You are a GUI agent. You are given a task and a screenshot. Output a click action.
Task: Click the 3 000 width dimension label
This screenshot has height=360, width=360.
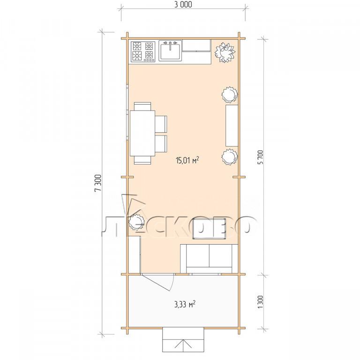point(183,4)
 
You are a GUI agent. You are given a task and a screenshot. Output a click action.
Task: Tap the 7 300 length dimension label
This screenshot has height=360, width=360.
point(98,183)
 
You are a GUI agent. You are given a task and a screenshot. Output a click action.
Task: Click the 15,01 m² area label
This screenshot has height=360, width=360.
point(187,160)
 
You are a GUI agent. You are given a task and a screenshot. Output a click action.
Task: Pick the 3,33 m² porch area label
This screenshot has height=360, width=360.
point(185,304)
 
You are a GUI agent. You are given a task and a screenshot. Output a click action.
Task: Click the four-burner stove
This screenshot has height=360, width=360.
point(143,52)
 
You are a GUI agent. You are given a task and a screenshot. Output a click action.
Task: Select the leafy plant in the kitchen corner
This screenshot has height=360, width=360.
point(225,52)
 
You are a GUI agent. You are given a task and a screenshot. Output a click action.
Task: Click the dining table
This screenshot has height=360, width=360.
point(142,133)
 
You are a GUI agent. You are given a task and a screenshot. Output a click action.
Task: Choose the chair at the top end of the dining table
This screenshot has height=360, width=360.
point(142,106)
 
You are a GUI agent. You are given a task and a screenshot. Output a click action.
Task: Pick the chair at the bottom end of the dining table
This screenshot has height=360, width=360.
point(142,160)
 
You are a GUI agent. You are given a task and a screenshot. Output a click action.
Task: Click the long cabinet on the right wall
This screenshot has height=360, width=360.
point(232,126)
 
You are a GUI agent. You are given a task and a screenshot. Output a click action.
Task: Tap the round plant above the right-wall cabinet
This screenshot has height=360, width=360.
point(229,94)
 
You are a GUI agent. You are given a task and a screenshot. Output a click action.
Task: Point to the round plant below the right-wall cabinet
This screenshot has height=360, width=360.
point(229,157)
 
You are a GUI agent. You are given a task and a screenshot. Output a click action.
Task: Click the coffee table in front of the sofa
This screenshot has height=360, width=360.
point(209,229)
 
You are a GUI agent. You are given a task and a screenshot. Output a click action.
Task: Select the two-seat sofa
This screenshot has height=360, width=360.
point(209,259)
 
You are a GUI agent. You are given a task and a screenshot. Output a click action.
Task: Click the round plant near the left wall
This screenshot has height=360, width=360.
point(136,222)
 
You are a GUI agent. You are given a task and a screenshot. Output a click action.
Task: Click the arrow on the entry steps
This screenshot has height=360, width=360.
point(183,345)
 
